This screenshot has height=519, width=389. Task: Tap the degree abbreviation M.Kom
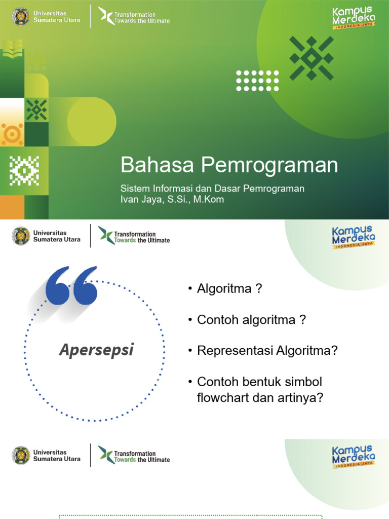point(208,200)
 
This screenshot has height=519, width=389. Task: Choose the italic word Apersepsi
point(96,350)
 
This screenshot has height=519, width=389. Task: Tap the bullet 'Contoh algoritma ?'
point(252,320)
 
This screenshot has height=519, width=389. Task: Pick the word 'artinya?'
point(304,397)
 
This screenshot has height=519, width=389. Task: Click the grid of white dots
point(257,81)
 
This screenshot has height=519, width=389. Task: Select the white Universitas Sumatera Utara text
point(57,17)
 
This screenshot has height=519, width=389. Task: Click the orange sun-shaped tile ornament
point(12,134)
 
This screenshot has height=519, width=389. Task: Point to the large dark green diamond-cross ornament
point(312,58)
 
